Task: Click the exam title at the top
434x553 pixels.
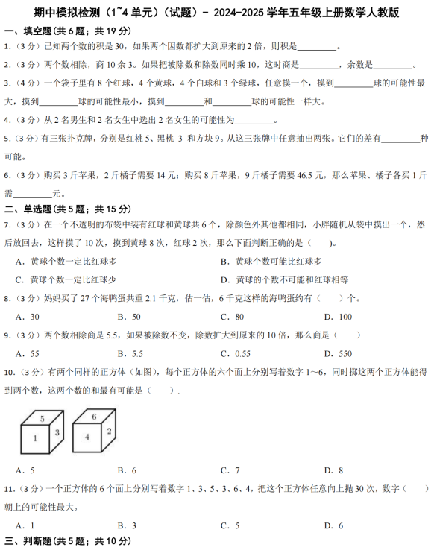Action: tap(216, 12)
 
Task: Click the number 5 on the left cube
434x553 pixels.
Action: tap(42, 418)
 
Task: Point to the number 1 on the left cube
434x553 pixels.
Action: tap(34, 438)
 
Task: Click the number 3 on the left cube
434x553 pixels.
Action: tap(57, 432)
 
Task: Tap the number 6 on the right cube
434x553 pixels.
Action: tap(95, 417)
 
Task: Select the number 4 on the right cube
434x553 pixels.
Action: tap(87, 437)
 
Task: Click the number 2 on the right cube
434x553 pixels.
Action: tap(109, 431)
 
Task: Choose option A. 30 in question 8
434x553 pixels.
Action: tap(28, 317)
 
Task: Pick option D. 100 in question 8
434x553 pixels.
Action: tap(339, 317)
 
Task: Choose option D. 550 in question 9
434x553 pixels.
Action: tap(338, 354)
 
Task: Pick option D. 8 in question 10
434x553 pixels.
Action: tap(333, 470)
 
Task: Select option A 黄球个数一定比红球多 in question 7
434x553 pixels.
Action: tap(66, 262)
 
